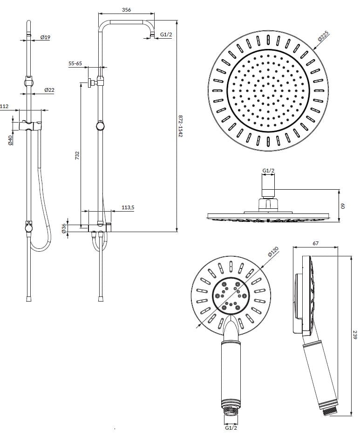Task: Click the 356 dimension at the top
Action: pos(126,10)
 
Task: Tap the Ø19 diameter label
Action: pos(45,37)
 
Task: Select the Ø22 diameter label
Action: pos(49,90)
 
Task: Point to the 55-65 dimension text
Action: pos(75,63)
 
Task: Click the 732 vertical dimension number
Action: pos(77,155)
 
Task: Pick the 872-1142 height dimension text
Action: pos(180,126)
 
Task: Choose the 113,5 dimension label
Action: pos(128,207)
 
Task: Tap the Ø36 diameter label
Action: pos(64,228)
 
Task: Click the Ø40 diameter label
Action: pos(10,140)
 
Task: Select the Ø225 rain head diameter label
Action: pos(323,36)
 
